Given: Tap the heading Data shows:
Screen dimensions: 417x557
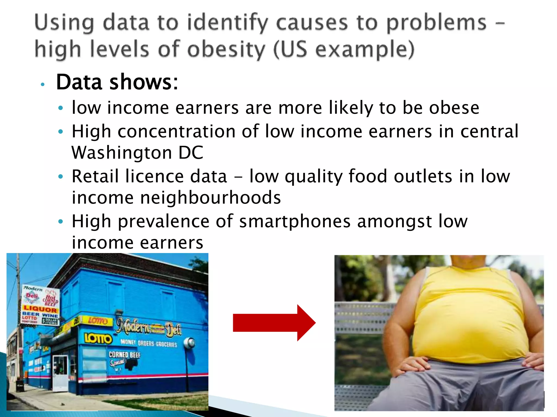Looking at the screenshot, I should point(117,82).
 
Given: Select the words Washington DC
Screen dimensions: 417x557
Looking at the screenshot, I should point(137,153).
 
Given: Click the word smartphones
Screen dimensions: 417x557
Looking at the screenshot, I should point(295,221).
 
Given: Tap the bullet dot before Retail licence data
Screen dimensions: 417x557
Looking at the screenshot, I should point(61,177).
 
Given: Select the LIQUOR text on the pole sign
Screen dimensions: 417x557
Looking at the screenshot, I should point(40,309).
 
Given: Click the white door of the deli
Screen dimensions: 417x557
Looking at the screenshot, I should point(60,372).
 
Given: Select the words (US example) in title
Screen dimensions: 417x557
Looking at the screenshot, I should point(344,49).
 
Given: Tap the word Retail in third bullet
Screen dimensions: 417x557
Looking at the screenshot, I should point(95,176).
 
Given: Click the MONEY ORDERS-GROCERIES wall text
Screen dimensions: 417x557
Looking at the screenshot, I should point(148,343).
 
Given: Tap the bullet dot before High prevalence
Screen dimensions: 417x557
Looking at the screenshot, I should point(61,222).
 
